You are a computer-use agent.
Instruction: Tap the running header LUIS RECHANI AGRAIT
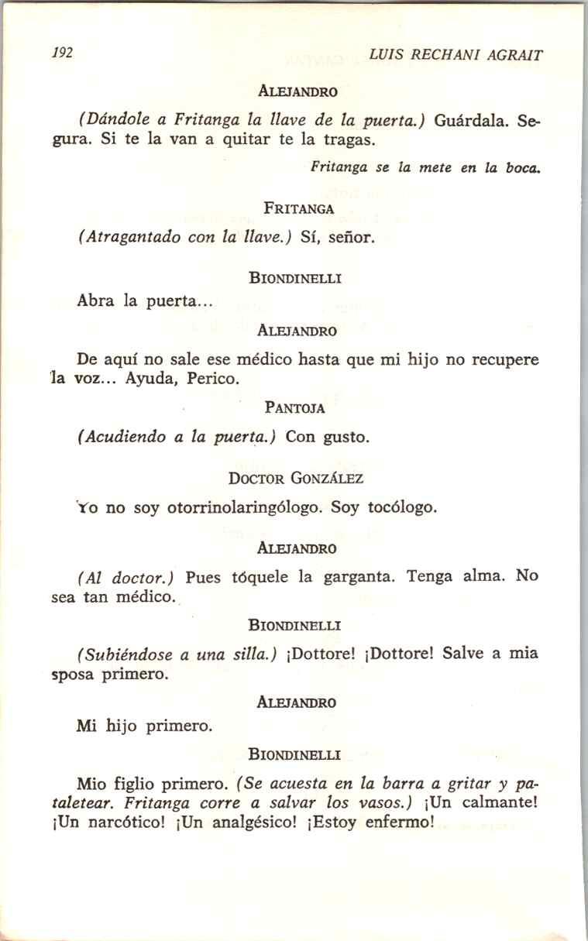point(456,55)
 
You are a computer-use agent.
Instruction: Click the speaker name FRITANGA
point(298,208)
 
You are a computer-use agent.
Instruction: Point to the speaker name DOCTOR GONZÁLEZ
point(296,479)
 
